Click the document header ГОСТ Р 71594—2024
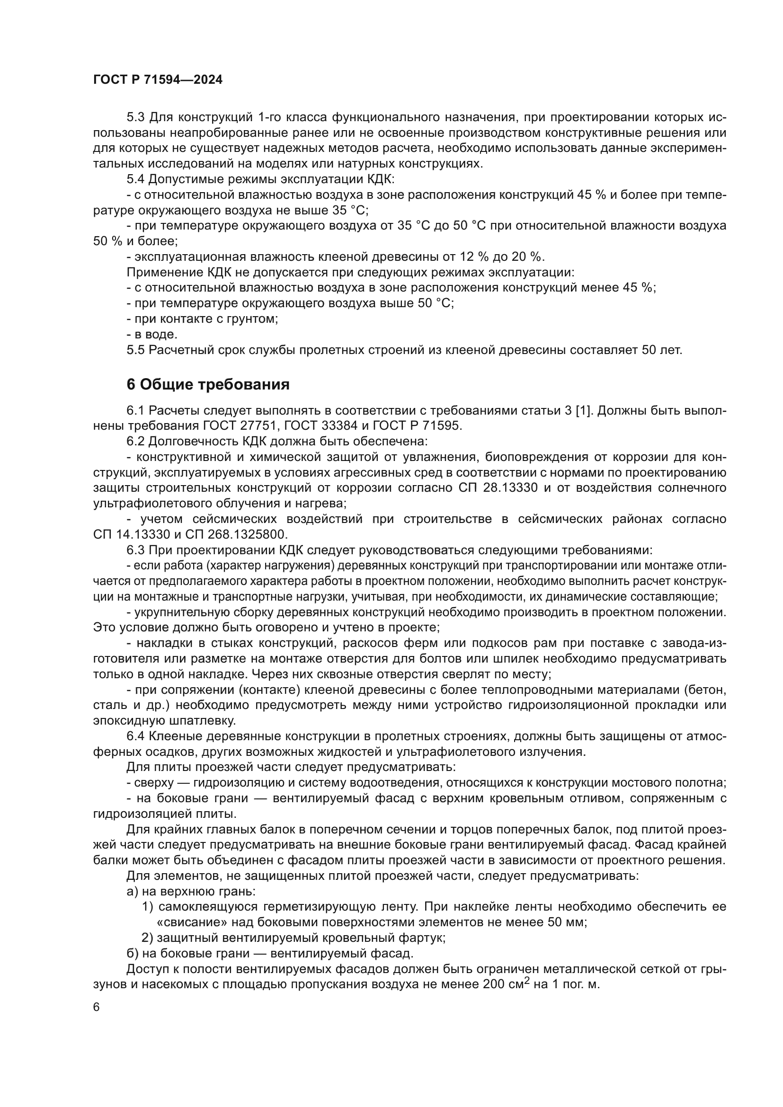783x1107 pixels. pyautogui.click(x=158, y=80)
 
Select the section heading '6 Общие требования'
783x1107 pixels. pyautogui.click(x=208, y=384)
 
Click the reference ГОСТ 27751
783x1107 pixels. pyautogui.click(x=240, y=426)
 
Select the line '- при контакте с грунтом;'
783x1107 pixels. pyautogui.click(x=203, y=319)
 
